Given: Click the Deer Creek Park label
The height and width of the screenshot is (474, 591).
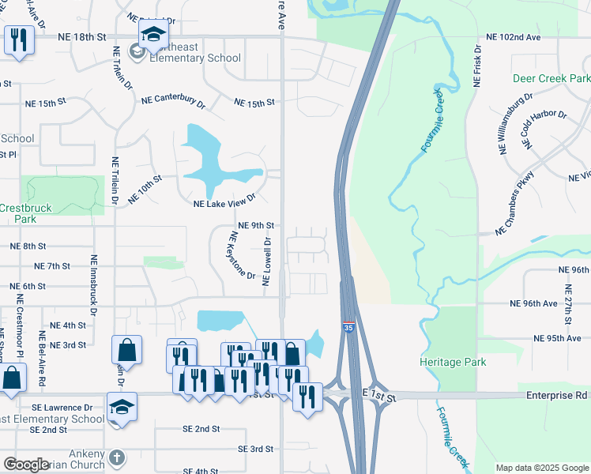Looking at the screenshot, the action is (551, 79).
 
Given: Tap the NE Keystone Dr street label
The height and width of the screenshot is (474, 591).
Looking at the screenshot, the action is (241, 256).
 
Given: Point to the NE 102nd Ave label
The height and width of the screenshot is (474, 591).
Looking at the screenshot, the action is (514, 37).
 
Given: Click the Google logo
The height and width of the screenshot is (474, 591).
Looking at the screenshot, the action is (26, 465).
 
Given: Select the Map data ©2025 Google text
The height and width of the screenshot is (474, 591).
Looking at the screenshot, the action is (541, 468).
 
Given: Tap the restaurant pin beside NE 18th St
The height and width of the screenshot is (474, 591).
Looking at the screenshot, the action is (17, 39).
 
